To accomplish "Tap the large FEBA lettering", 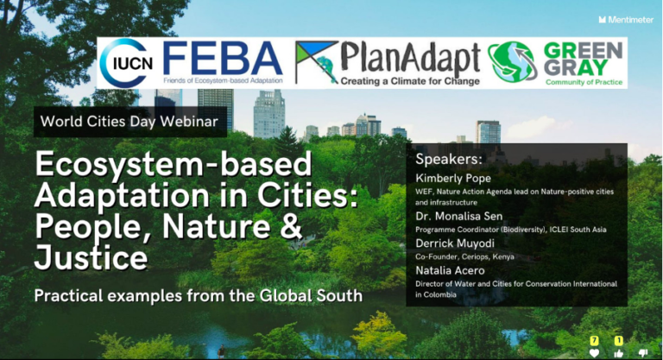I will tap(223, 58).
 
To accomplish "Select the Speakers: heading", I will tap(448, 160).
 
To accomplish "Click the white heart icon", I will tap(594, 352).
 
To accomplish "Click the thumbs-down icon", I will tap(643, 352).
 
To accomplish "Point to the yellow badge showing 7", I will tap(594, 341).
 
